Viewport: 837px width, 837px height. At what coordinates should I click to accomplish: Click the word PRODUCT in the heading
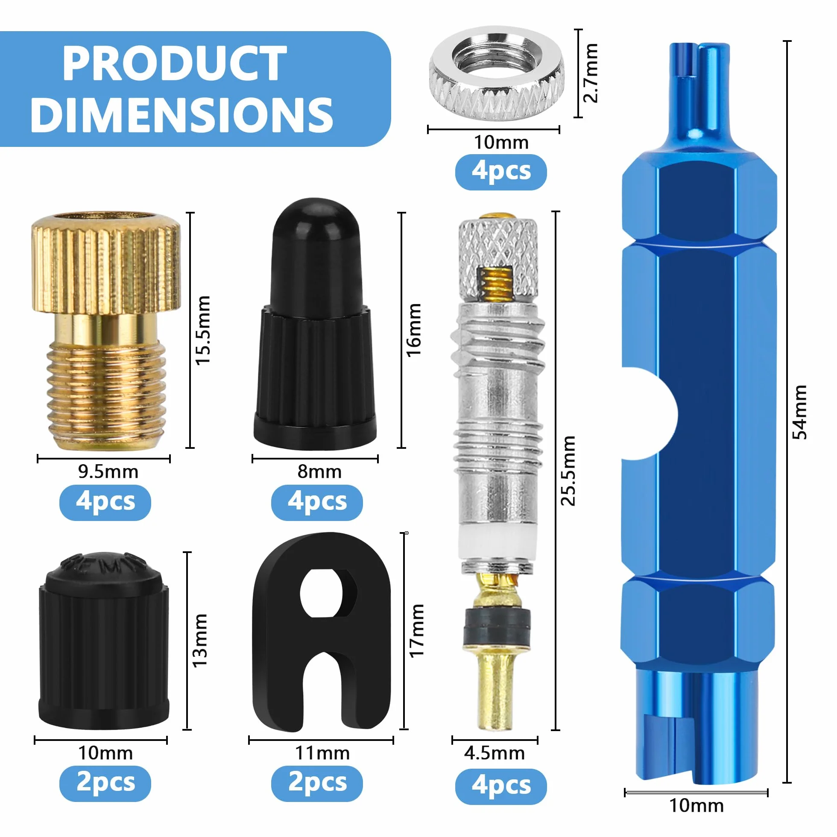tap(175, 63)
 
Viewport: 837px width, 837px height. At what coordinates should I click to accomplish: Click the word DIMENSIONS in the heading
tap(182, 114)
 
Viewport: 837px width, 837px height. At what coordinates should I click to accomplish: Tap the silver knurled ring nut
tap(497, 73)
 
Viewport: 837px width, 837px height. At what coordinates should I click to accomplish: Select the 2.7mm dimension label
tap(591, 73)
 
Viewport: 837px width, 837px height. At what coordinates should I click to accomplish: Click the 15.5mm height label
tap(203, 330)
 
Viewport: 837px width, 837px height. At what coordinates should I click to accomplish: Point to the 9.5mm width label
tap(108, 472)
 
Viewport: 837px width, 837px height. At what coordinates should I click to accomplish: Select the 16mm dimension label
tap(414, 330)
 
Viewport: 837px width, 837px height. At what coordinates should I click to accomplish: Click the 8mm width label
tap(319, 472)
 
